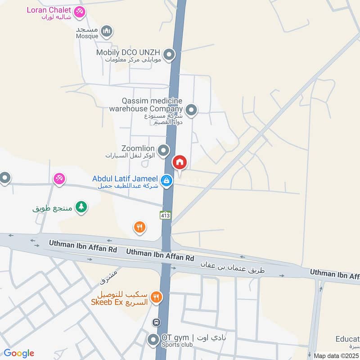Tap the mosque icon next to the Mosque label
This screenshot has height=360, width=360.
106,31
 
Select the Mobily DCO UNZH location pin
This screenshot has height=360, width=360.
169,55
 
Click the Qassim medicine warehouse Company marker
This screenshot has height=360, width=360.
191,109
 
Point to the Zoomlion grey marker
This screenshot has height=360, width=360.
163,150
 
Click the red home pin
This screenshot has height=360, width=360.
180,163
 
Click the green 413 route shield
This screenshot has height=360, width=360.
165,215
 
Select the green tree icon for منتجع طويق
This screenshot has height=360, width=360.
81,207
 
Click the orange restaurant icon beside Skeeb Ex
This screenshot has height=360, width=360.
156,297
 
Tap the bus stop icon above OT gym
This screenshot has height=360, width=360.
156,322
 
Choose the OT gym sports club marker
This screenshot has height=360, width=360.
153,340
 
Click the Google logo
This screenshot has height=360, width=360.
19,353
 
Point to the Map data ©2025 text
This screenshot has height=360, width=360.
336,355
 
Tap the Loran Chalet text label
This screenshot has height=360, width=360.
49,10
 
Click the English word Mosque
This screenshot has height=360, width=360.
87,36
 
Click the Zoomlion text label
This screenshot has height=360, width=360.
138,148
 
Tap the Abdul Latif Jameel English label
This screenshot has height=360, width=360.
125,179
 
